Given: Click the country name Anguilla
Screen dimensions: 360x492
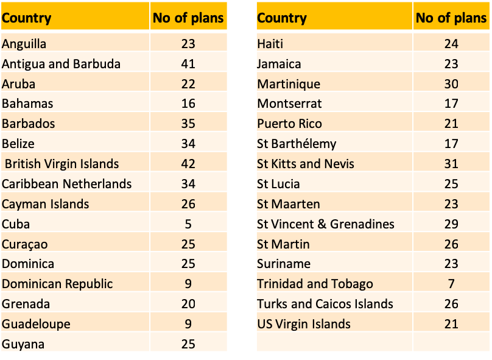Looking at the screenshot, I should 24,44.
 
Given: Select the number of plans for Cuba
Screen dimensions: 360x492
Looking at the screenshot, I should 188,224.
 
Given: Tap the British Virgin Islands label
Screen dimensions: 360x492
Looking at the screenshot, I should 61,164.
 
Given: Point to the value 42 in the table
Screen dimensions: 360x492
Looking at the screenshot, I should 188,164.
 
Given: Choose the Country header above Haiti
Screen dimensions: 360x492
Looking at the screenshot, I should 281,18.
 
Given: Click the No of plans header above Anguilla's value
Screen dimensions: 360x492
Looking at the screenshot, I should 188,18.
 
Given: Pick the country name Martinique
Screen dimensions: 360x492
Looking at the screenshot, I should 288,84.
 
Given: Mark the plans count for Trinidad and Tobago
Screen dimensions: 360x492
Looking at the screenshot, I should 451,284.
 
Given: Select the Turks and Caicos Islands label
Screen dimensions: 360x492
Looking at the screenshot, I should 325,304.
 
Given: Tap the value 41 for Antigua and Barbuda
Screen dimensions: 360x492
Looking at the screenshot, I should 188,64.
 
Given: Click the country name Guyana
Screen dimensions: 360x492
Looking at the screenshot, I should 23,344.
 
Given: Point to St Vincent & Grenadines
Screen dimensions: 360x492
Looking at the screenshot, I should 326,224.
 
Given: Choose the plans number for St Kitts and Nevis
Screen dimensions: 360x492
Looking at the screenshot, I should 451,164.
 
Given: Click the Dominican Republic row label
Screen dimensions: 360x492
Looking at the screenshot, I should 57,284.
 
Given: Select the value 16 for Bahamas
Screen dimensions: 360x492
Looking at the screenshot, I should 188,104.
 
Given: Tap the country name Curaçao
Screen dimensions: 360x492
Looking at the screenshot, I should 25,244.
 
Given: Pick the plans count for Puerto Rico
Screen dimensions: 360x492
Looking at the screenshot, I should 451,124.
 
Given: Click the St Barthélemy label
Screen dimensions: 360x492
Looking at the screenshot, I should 297,144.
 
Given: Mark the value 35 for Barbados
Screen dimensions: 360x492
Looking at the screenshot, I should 188,124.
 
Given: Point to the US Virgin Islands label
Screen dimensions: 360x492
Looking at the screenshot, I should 304,324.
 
